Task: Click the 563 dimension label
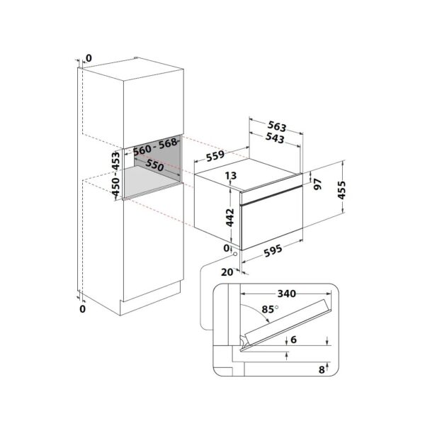(277, 126)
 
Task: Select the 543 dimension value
(275, 138)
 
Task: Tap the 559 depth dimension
(215, 156)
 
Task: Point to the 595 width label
(273, 250)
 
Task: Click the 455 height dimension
(341, 190)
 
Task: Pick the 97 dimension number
(317, 184)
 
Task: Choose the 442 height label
(229, 217)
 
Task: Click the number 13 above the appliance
(231, 176)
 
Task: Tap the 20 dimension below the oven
(227, 272)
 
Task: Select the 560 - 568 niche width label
(155, 147)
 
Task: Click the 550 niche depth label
(154, 165)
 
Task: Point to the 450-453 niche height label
(115, 174)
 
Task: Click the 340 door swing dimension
(286, 294)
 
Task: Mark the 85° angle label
(270, 309)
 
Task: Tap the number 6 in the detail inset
(293, 340)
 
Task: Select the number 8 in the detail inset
(322, 369)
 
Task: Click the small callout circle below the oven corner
(234, 254)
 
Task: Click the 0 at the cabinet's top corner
(89, 58)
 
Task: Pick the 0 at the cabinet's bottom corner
(82, 309)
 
